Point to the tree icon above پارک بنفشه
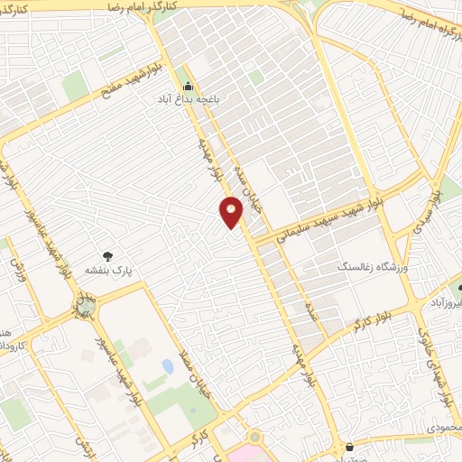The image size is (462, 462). pos(109,256)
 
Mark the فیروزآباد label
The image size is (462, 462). pos(446,304)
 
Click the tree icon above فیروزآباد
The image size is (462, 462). pos(459,290)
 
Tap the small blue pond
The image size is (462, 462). pos(167,366)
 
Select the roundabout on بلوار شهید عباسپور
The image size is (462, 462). pos(84,310)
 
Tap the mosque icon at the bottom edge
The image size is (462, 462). pos(350,447)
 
